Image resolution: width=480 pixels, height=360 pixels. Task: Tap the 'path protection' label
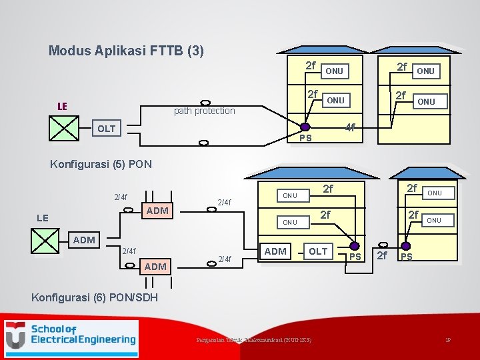pyautogui.click(x=204, y=111)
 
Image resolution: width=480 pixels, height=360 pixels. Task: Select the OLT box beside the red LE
pyautogui.click(x=107, y=128)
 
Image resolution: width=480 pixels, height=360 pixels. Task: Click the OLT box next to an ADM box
pyautogui.click(x=318, y=251)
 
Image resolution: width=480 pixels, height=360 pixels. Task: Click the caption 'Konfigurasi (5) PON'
pyautogui.click(x=101, y=164)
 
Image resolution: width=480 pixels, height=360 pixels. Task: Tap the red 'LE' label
pyautogui.click(x=62, y=106)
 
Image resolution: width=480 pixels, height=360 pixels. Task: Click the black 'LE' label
pyautogui.click(x=41, y=217)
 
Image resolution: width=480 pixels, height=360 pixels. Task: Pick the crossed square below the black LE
pyautogui.click(x=45, y=241)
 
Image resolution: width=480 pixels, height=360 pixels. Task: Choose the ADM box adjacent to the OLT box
pyautogui.click(x=275, y=251)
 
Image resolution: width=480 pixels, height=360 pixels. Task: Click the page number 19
pyautogui.click(x=449, y=340)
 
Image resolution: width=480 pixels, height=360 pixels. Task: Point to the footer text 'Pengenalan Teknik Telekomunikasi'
pyautogui.click(x=253, y=340)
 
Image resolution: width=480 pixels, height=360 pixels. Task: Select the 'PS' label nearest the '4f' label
pyautogui.click(x=305, y=138)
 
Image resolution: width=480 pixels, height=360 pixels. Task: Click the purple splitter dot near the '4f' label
pyautogui.click(x=304, y=127)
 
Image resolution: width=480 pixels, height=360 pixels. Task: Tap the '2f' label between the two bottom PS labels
pyautogui.click(x=382, y=255)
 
